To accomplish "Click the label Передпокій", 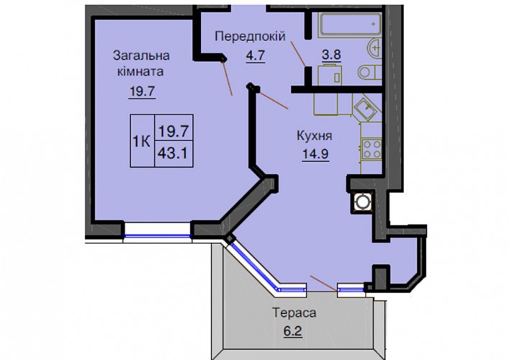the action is [x=250, y=36].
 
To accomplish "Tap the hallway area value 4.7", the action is [x=256, y=55].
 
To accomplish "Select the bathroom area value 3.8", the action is [x=331, y=55].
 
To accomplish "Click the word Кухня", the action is [x=315, y=135].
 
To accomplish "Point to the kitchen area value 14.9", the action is [x=315, y=153].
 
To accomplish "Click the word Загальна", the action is [x=141, y=55].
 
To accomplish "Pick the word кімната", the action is [x=140, y=71].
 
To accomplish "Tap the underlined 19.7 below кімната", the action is [x=142, y=92].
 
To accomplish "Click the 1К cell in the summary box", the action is [x=141, y=142].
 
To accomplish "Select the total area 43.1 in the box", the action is [x=173, y=153].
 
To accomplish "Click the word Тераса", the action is [x=294, y=313].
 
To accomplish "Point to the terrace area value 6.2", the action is [x=293, y=331].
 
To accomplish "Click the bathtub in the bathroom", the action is [x=349, y=24].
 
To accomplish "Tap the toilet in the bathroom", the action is [x=369, y=73].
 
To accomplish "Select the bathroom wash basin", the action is [x=374, y=49].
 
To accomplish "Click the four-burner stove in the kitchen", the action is [x=371, y=148].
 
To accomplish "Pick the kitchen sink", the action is [x=365, y=107].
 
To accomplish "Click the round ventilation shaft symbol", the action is [x=362, y=202].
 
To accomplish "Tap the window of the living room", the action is [x=158, y=235].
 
